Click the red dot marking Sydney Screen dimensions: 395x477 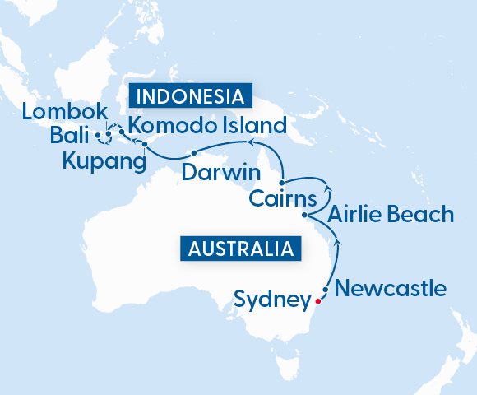(317, 301)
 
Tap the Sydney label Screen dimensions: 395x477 (271, 300)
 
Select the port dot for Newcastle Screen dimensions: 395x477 (326, 290)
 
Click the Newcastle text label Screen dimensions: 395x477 (391, 289)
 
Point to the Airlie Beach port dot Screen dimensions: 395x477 (305, 216)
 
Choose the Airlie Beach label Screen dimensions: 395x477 (390, 216)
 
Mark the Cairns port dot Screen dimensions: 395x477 (282, 182)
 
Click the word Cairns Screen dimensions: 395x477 (282, 199)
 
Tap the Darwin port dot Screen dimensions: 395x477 (193, 153)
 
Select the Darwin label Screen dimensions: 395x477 (220, 174)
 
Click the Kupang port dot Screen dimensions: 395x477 (145, 146)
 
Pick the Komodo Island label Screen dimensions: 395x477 (207, 127)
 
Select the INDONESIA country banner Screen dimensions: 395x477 (189, 96)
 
